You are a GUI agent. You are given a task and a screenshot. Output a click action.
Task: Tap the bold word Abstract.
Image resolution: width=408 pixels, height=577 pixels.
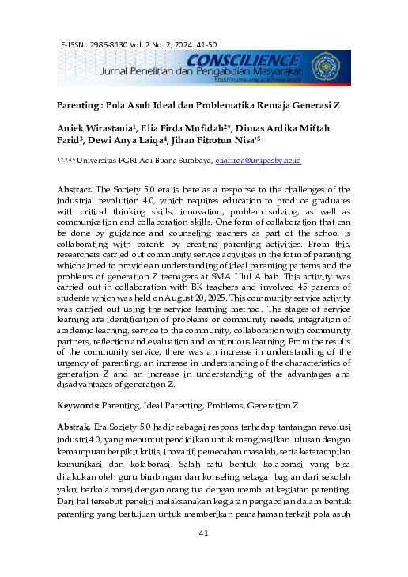point(74,190)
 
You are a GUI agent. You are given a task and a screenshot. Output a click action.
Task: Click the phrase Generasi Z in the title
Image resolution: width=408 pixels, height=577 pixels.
point(304,104)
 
